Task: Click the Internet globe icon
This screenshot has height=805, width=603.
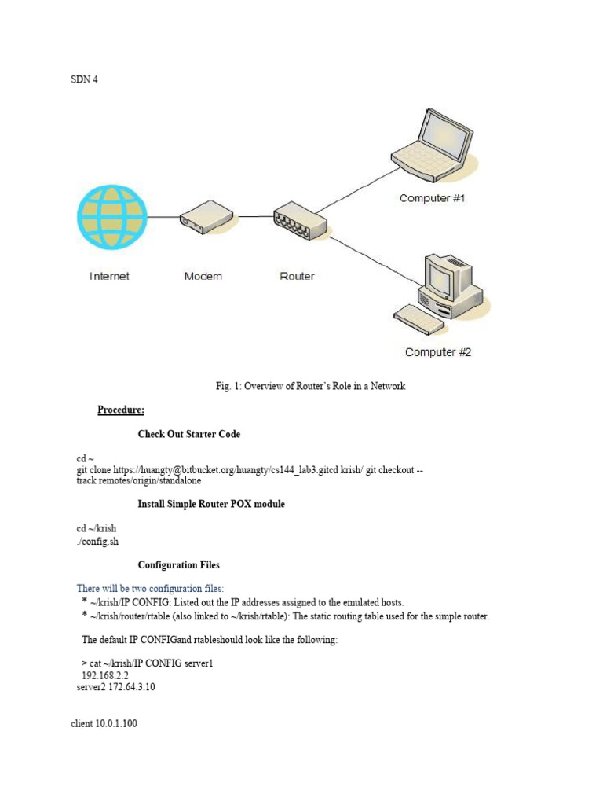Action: pyautogui.click(x=111, y=216)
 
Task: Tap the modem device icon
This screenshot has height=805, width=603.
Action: pyautogui.click(x=206, y=215)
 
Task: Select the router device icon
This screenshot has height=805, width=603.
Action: pyautogui.click(x=298, y=219)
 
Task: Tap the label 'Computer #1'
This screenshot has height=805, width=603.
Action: pyautogui.click(x=432, y=198)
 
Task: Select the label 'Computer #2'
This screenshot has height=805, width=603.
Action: pyautogui.click(x=437, y=352)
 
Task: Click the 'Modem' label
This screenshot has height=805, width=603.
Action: pyautogui.click(x=203, y=276)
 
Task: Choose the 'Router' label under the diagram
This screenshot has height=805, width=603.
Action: pyautogui.click(x=297, y=276)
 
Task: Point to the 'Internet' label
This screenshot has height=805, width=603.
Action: pyautogui.click(x=110, y=276)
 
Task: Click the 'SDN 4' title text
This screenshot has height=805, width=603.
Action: pyautogui.click(x=84, y=79)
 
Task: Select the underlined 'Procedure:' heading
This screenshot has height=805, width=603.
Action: pyautogui.click(x=121, y=410)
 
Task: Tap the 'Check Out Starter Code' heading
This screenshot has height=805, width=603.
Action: pyautogui.click(x=189, y=434)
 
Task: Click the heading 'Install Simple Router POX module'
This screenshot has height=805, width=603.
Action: pyautogui.click(x=211, y=504)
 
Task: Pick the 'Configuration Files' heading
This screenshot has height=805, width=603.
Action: pyautogui.click(x=179, y=564)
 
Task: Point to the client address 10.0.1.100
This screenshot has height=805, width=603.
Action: pyautogui.click(x=116, y=723)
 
